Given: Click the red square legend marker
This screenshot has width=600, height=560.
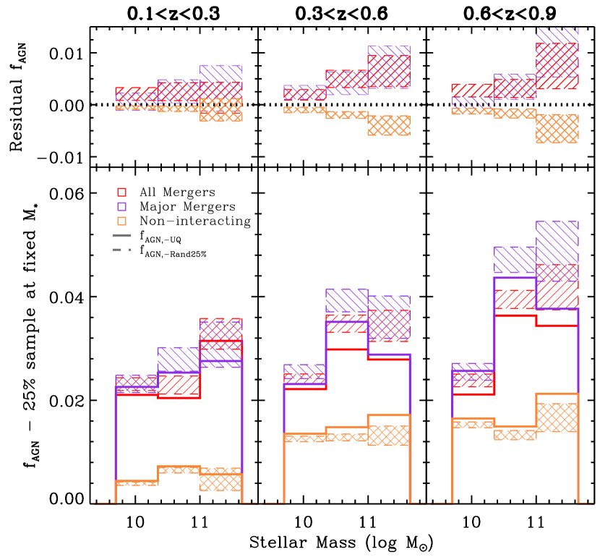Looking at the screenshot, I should [x=121, y=192].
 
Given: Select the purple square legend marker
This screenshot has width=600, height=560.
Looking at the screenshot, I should [x=121, y=207].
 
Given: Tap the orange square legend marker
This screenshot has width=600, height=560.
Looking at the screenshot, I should [x=121, y=221].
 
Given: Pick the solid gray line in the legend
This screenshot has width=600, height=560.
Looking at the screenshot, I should [x=121, y=235].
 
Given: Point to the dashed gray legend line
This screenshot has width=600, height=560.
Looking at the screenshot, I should [x=121, y=250].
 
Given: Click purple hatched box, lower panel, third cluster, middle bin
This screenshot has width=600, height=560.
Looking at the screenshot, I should [x=515, y=260].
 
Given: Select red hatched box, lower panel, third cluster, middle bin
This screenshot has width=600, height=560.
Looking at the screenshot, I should [x=515, y=300].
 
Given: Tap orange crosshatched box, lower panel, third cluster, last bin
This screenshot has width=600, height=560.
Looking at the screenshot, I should [x=557, y=417].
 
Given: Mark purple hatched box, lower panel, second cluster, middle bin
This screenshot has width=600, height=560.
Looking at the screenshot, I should [x=346, y=301].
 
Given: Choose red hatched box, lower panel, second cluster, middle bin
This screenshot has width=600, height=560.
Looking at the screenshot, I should [x=346, y=323].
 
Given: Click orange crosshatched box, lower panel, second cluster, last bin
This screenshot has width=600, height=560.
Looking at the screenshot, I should [x=389, y=435].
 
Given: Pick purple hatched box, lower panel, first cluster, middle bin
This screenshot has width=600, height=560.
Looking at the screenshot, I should [x=179, y=360].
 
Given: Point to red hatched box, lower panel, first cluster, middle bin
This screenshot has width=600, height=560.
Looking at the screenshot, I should [x=179, y=384].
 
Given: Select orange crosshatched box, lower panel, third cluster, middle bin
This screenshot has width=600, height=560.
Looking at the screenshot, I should [x=515, y=435].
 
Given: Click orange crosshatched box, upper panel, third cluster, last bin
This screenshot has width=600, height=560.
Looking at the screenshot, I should [x=557, y=129].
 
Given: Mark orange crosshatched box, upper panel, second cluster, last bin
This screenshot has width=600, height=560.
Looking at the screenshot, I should [x=389, y=125].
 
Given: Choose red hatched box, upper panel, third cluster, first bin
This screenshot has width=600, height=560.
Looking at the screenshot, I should [x=473, y=90].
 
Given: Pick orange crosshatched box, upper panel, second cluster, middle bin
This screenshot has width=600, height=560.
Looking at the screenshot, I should [x=346, y=115].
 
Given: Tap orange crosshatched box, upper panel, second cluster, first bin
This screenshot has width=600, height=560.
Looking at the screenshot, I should [x=304, y=110].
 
